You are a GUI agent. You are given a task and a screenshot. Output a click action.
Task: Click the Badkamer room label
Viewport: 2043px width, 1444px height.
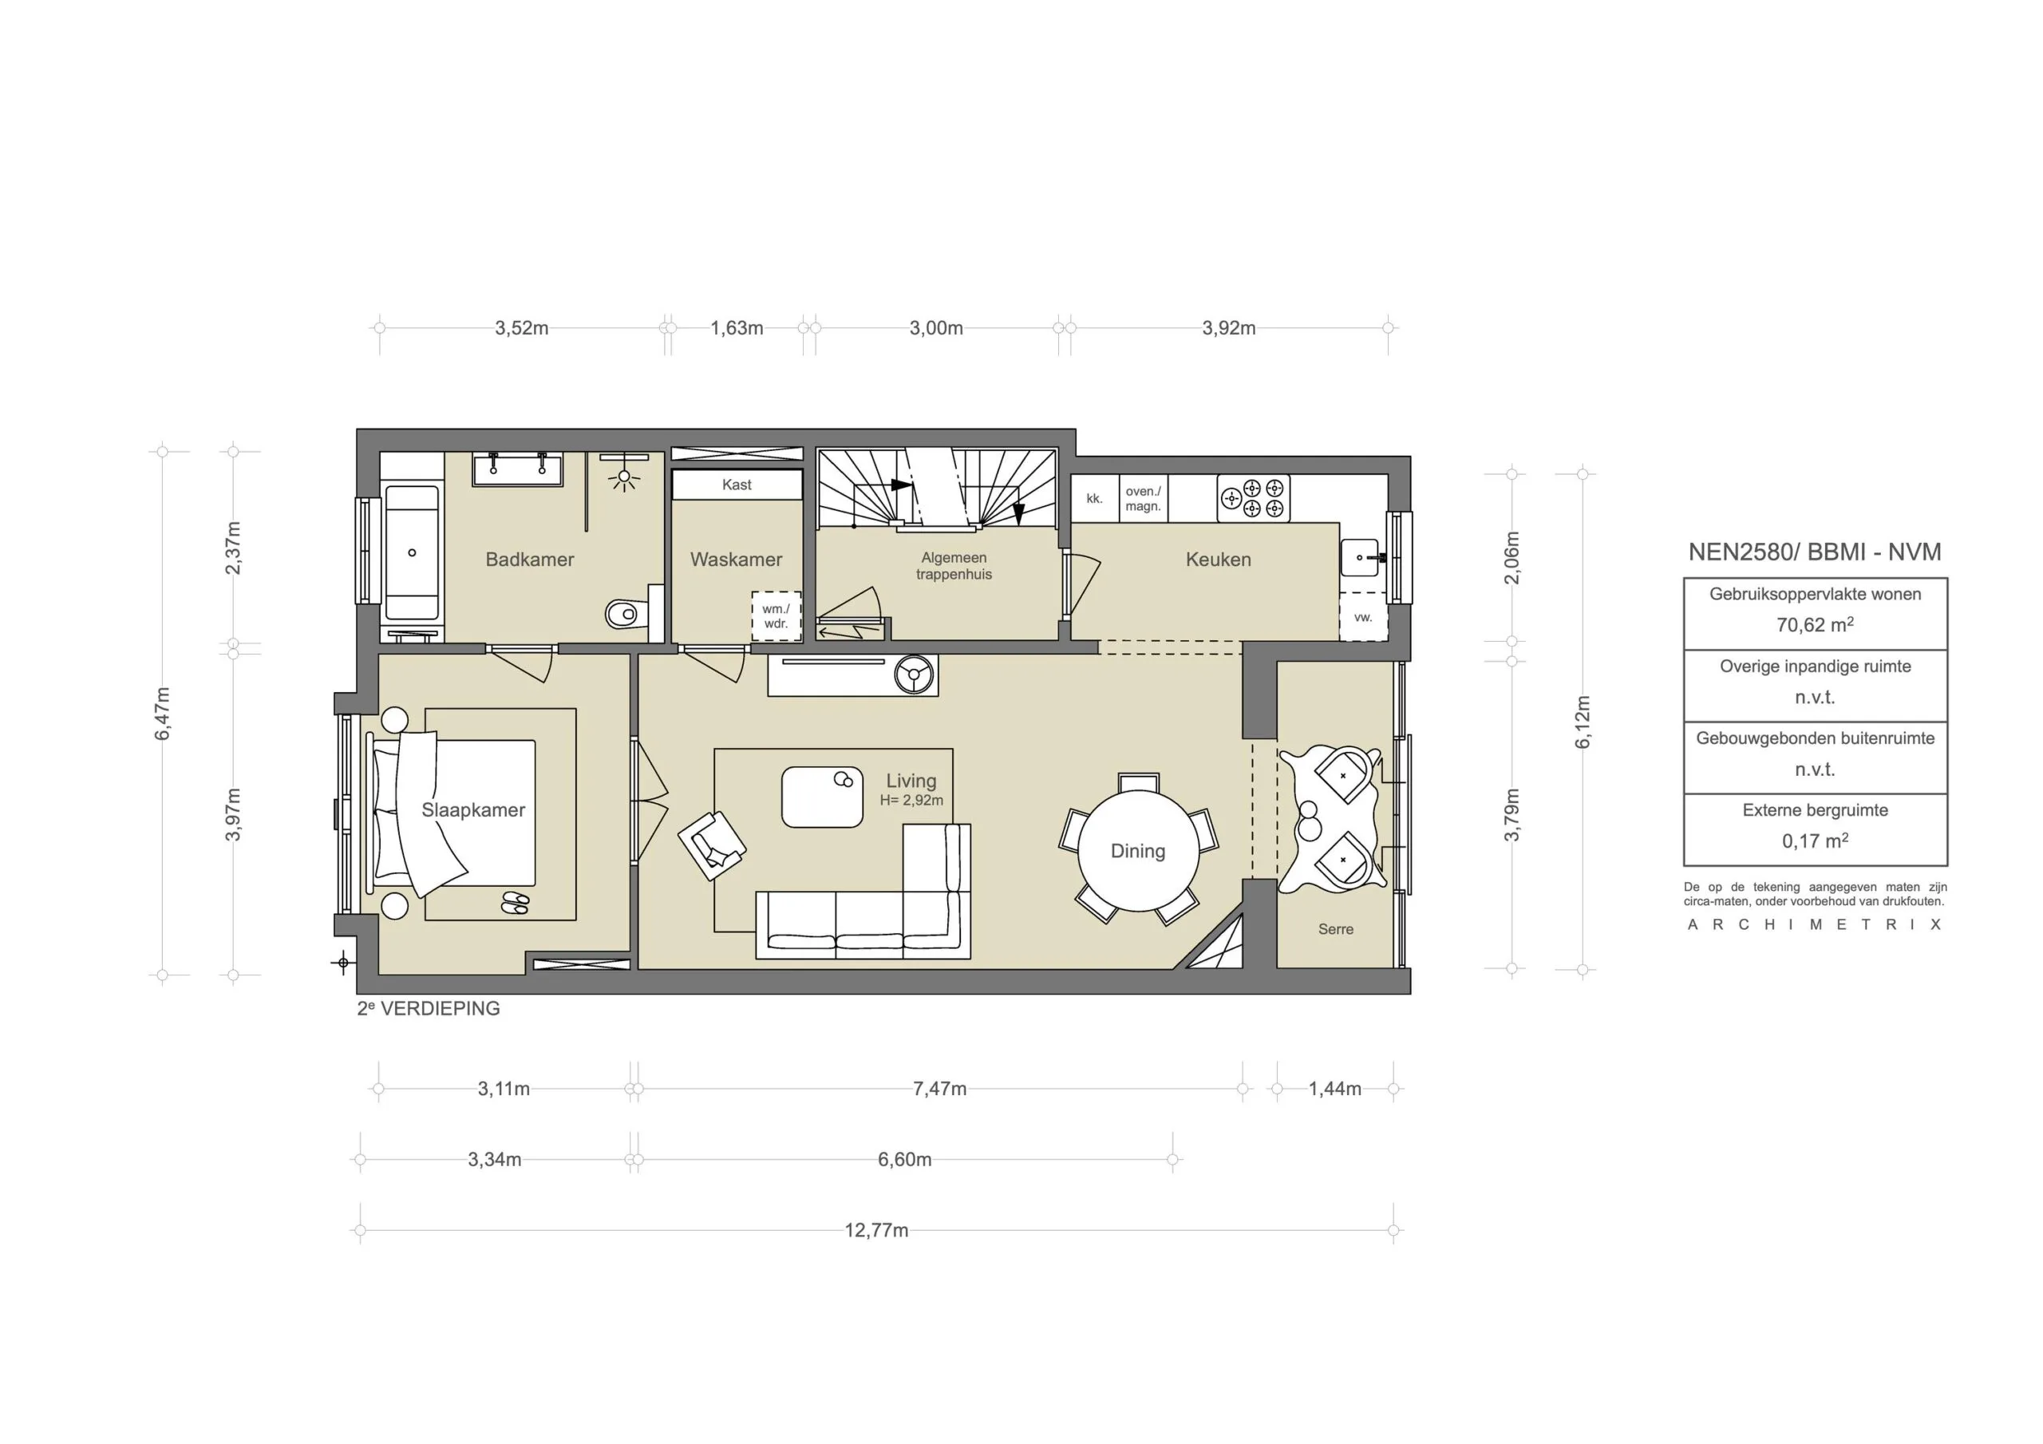(529, 559)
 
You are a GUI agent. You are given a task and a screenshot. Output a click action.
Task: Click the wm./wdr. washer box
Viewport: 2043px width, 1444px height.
(776, 616)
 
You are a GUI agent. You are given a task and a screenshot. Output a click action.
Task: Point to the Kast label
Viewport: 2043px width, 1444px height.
(737, 485)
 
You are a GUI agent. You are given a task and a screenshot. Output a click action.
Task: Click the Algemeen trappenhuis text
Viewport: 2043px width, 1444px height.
(954, 565)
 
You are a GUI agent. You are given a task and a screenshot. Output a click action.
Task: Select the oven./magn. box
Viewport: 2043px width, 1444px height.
(1143, 499)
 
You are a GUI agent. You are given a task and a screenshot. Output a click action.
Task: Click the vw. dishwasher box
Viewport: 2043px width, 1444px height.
(1363, 617)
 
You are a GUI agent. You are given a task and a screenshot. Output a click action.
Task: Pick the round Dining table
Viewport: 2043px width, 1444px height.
(1138, 851)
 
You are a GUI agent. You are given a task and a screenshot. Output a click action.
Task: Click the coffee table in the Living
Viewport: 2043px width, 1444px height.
(822, 797)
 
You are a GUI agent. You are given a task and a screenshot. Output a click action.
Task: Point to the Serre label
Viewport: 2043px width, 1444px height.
(1336, 928)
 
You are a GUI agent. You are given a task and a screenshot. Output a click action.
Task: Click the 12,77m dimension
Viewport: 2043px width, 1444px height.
(876, 1230)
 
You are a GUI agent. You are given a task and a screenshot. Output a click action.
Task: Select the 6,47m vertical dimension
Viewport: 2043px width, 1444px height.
(162, 713)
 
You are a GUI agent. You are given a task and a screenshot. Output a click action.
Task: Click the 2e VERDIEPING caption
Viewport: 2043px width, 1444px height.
(429, 1009)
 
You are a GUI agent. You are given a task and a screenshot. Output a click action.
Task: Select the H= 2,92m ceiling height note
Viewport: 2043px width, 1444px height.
(911, 801)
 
